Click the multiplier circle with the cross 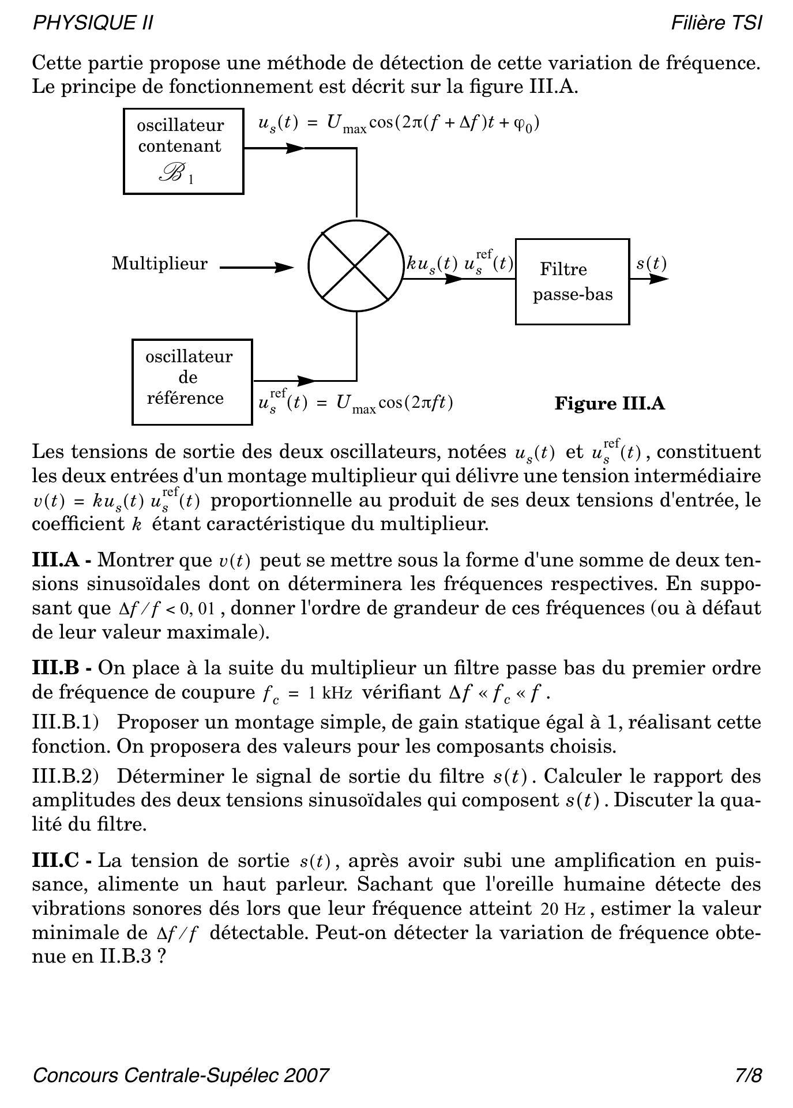pyautogui.click(x=356, y=266)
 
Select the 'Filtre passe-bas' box pyautogui.click(x=572, y=281)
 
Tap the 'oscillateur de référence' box pyautogui.click(x=192, y=381)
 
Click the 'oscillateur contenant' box pyautogui.click(x=183, y=151)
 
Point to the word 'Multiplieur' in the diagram pyautogui.click(x=160, y=264)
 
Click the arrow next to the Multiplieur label pyautogui.click(x=257, y=267)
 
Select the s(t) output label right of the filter pyautogui.click(x=651, y=264)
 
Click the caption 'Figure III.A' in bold pyautogui.click(x=610, y=403)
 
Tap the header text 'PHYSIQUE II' pyautogui.click(x=93, y=23)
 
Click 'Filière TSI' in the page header pyautogui.click(x=716, y=23)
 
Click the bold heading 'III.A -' pyautogui.click(x=62, y=559)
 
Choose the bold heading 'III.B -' pyautogui.click(x=62, y=668)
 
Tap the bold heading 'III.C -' pyautogui.click(x=62, y=861)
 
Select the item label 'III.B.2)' pyautogui.click(x=65, y=776)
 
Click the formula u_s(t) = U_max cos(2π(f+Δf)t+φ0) pyautogui.click(x=399, y=123)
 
